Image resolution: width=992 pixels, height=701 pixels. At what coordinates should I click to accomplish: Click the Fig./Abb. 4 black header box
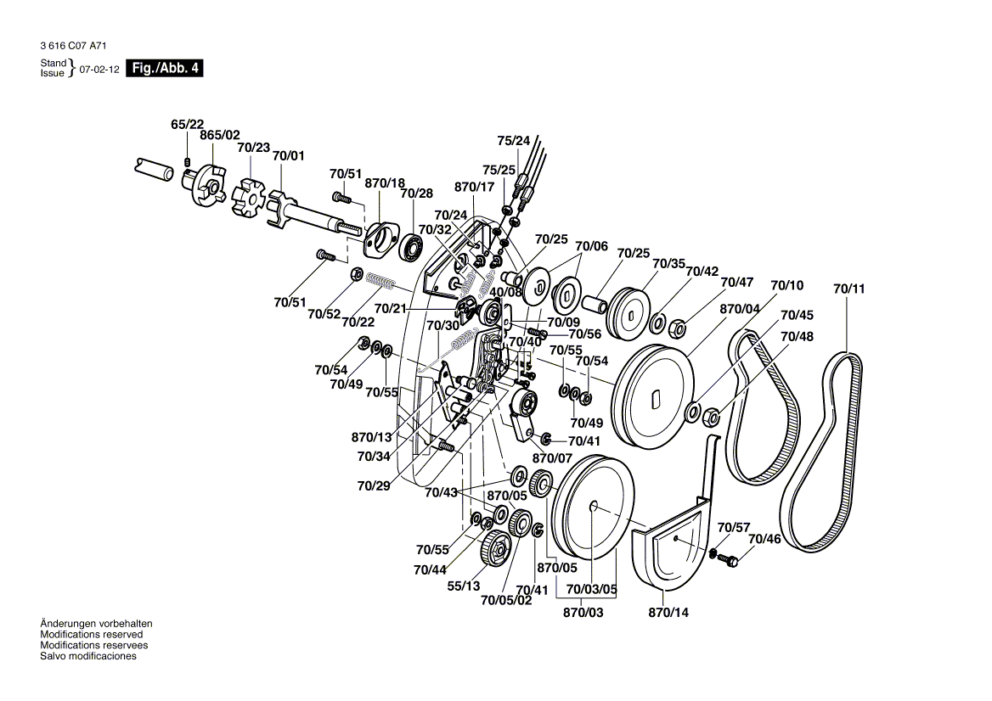click(165, 69)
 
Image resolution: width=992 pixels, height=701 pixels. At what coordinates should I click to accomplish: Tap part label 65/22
click(187, 124)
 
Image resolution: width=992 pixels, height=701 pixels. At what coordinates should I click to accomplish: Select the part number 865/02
click(220, 135)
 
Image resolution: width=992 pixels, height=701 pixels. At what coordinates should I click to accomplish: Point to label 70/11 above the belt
click(848, 289)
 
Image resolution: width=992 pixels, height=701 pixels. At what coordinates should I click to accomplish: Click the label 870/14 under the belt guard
click(668, 612)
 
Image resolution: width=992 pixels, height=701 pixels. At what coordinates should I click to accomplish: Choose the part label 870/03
click(583, 612)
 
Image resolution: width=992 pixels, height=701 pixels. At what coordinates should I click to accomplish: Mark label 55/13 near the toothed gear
click(464, 586)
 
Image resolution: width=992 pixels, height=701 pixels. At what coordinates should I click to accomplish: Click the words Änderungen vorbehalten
click(97, 624)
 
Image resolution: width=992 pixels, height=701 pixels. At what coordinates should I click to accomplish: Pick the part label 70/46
click(764, 539)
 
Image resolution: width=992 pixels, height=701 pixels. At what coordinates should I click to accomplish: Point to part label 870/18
click(385, 182)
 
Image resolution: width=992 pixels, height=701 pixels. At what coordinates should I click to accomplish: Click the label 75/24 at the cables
click(513, 140)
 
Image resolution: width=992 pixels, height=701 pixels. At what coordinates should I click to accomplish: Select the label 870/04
click(740, 310)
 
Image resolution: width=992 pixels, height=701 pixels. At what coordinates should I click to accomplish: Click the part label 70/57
click(734, 527)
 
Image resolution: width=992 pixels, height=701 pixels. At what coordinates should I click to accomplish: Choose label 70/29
click(374, 486)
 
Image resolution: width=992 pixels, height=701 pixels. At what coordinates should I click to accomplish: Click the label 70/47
click(736, 282)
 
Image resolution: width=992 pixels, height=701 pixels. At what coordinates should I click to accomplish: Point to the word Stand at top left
click(53, 64)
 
